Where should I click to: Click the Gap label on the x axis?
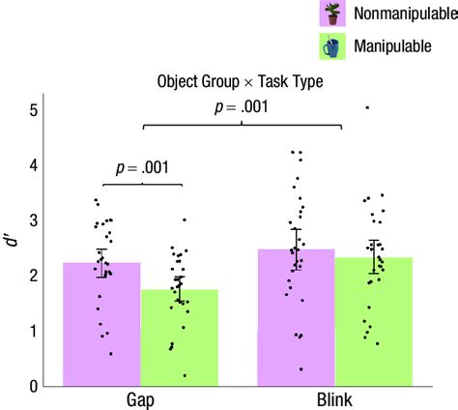(x=142, y=398)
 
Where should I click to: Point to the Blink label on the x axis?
(x=334, y=398)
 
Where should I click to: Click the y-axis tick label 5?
(x=33, y=110)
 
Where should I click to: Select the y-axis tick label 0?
(x=33, y=387)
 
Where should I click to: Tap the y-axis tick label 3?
(x=33, y=220)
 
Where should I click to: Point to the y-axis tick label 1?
(x=33, y=332)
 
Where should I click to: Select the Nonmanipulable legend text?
(x=405, y=15)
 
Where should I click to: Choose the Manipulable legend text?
(x=393, y=46)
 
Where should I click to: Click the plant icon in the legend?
(x=333, y=14)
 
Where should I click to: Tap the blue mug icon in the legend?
(x=333, y=46)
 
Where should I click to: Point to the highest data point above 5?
(x=366, y=107)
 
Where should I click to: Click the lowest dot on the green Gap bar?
(x=184, y=375)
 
